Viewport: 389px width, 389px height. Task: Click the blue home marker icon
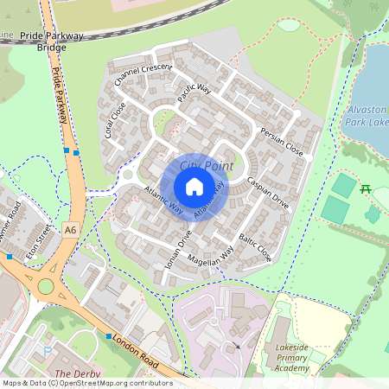[x=194, y=186]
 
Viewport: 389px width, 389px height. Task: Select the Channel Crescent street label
[x=143, y=74]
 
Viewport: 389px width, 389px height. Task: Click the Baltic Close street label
[x=255, y=246]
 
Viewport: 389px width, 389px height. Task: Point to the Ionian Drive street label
[x=178, y=251]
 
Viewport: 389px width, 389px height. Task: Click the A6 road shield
[x=70, y=228]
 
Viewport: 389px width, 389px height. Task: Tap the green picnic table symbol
[x=366, y=188]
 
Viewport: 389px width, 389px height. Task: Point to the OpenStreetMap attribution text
[x=86, y=382]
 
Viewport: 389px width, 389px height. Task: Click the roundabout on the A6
[x=45, y=286]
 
